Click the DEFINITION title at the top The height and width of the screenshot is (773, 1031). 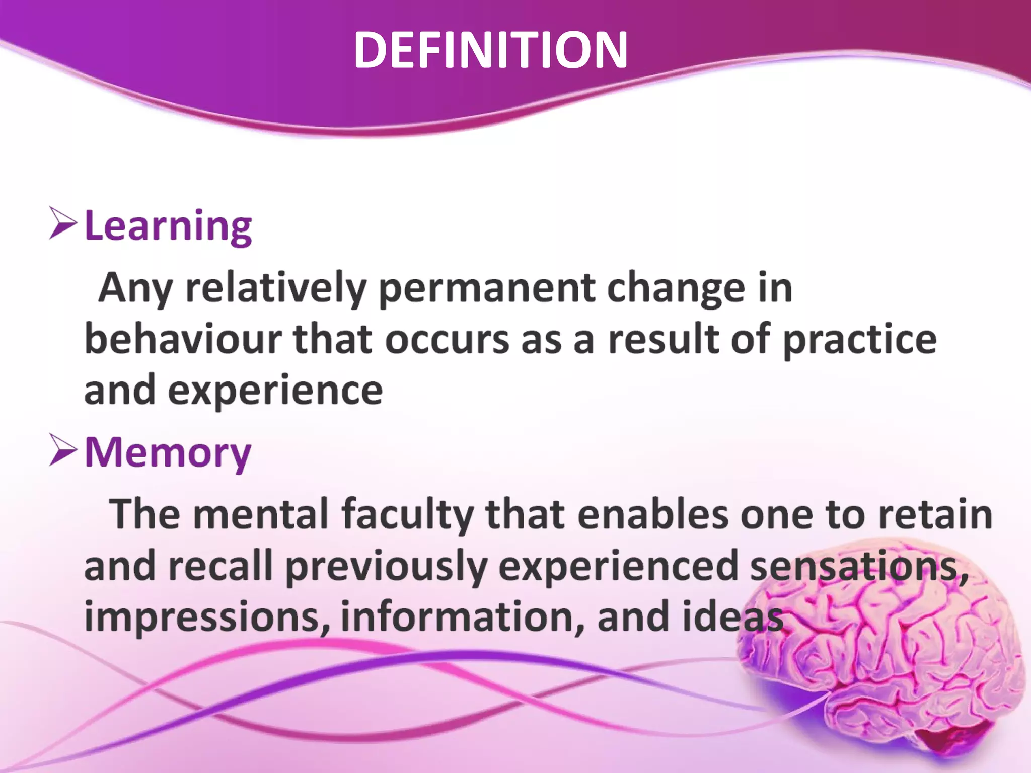491,50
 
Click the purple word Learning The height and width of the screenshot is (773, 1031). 168,226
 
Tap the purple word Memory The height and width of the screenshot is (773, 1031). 168,452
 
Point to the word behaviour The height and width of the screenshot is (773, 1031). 183,339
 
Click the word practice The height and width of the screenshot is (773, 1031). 860,340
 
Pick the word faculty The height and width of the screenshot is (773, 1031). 408,515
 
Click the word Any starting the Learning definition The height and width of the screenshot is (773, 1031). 135,288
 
